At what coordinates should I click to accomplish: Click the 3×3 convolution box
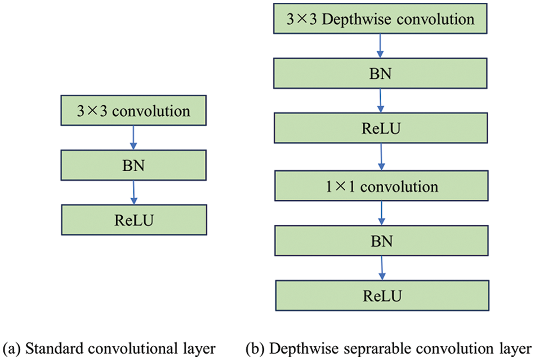click(x=133, y=111)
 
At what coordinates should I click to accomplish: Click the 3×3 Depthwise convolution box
click(x=381, y=19)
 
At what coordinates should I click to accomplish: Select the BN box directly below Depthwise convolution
click(x=381, y=74)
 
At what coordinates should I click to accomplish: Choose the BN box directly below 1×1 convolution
click(x=381, y=240)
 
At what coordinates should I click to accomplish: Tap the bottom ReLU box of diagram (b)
click(x=381, y=295)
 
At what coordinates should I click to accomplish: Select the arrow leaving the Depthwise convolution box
click(x=381, y=46)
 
